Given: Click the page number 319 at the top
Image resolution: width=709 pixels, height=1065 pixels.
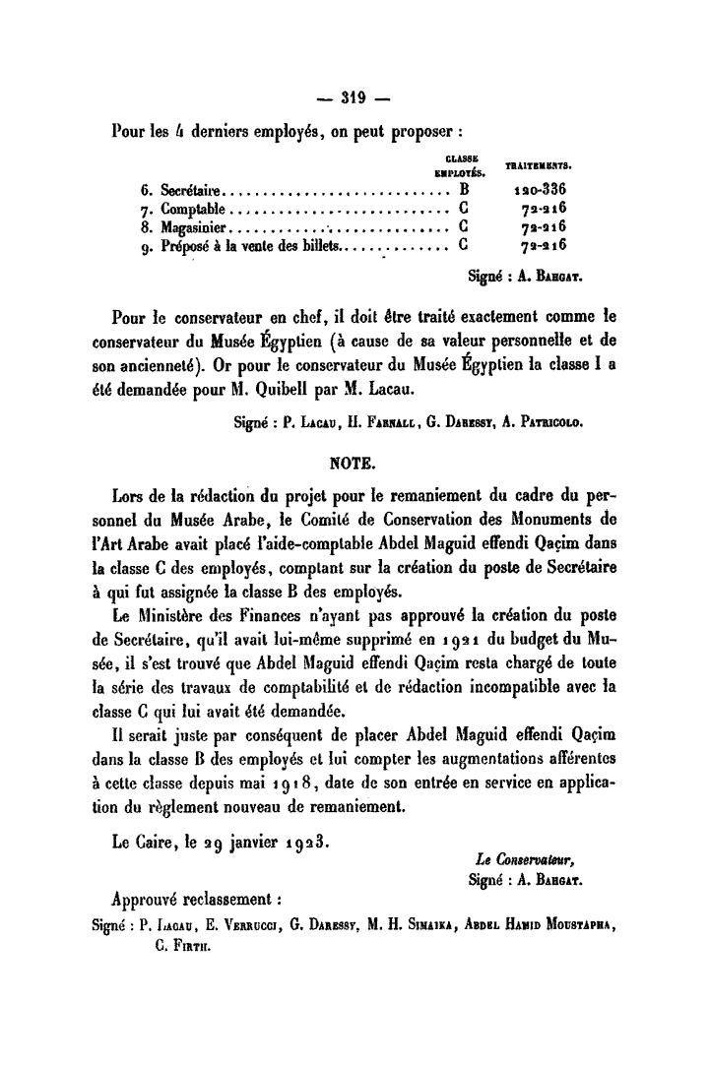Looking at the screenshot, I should pos(354,96).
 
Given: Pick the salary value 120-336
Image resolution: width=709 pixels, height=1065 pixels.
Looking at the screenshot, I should pos(541,189).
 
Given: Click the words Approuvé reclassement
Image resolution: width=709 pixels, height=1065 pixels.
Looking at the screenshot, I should pos(198,899).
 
